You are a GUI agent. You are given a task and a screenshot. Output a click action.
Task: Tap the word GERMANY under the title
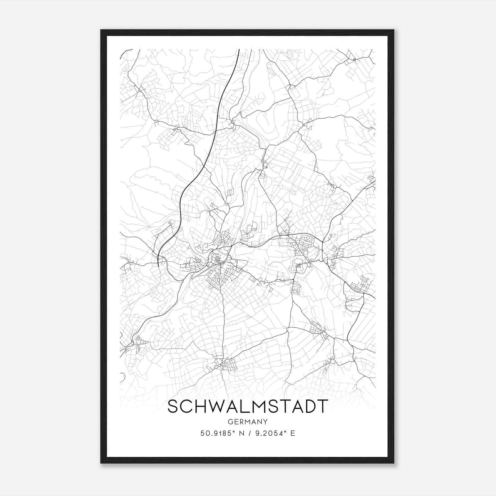[248, 422]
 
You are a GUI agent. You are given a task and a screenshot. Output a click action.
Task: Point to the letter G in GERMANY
[230, 422]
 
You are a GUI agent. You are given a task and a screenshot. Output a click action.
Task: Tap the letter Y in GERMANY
[266, 422]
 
